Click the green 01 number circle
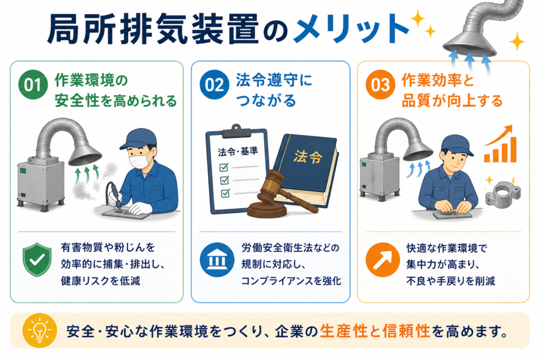[x=33, y=84]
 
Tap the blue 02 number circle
[x=214, y=84]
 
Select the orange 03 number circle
[x=381, y=84]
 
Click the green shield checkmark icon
[x=37, y=259]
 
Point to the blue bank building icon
[x=217, y=260]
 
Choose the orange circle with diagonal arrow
[x=383, y=260]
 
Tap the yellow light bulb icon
[x=40, y=330]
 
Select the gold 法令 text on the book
[x=308, y=157]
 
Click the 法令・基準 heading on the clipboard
[x=238, y=151]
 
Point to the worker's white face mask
[x=140, y=160]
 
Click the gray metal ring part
[x=503, y=193]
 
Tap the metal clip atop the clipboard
[x=236, y=131]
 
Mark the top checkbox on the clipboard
[x=224, y=167]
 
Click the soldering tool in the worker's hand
[x=113, y=197]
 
